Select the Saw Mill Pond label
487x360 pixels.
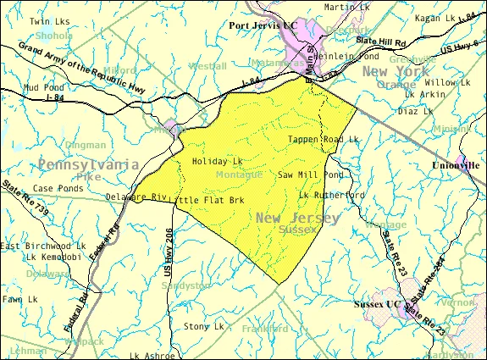(311, 174)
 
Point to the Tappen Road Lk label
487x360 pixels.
(323, 139)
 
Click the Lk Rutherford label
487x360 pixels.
(331, 195)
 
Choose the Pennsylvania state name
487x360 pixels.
(87, 163)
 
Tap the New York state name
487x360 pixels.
(397, 72)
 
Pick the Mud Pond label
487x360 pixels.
(43, 86)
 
